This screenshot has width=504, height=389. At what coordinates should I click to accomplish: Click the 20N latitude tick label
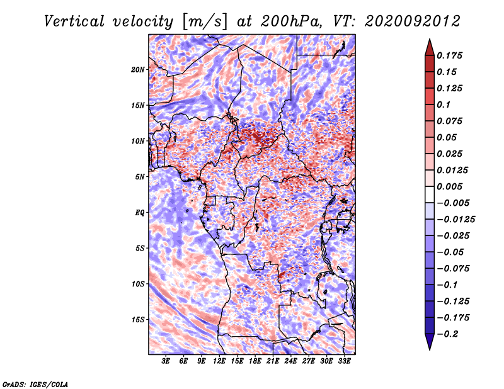(138, 69)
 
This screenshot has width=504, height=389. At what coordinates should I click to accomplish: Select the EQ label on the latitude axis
(140, 212)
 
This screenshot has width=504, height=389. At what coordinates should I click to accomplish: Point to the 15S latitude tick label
(138, 320)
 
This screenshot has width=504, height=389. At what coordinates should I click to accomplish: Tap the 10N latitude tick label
(138, 141)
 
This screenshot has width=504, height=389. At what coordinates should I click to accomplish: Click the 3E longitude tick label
(166, 361)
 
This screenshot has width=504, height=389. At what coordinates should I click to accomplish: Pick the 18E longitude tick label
(255, 361)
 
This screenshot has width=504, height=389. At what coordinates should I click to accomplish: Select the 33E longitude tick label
(344, 361)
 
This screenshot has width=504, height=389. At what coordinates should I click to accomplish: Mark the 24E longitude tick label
(290, 361)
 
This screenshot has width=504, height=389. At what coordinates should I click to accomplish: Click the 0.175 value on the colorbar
(449, 55)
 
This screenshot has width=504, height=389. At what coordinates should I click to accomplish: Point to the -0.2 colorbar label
(447, 334)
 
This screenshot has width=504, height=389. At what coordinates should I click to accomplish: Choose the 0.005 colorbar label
(449, 186)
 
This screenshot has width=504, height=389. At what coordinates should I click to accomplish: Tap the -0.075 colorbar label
(453, 269)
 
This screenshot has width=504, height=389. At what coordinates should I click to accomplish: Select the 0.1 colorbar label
(444, 104)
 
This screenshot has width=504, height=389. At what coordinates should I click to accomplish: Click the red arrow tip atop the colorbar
(430, 40)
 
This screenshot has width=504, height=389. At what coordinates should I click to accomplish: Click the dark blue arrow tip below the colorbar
(430, 349)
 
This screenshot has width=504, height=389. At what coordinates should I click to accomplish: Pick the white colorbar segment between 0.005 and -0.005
(430, 194)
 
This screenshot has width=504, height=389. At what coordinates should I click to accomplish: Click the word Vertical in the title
(74, 21)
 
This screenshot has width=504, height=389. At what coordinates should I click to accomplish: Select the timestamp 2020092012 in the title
(413, 21)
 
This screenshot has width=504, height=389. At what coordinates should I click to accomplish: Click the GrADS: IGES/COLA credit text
(35, 384)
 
